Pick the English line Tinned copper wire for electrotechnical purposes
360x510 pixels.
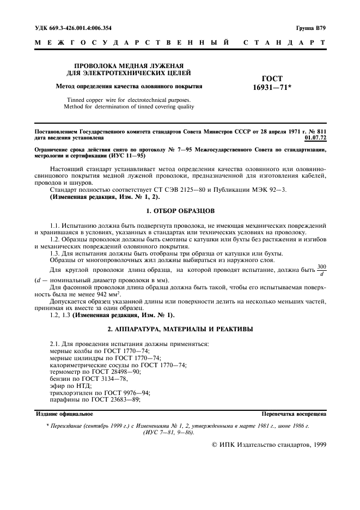point(129,100)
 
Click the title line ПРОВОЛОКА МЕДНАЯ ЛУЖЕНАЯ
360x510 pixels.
point(129,64)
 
